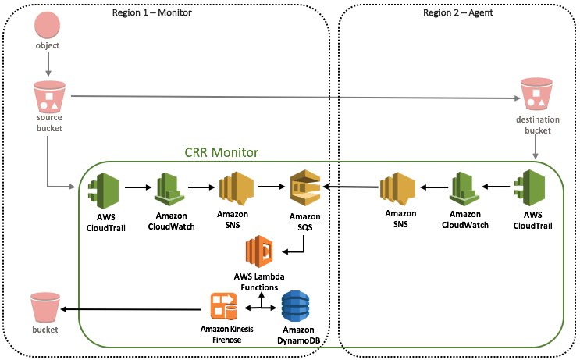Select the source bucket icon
point(48,97)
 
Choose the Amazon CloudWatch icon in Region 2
point(463,189)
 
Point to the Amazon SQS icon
point(304,188)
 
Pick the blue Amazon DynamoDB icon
point(296,308)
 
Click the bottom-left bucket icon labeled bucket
point(45,308)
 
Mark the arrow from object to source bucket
point(48,65)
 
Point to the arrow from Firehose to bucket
point(133,309)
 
